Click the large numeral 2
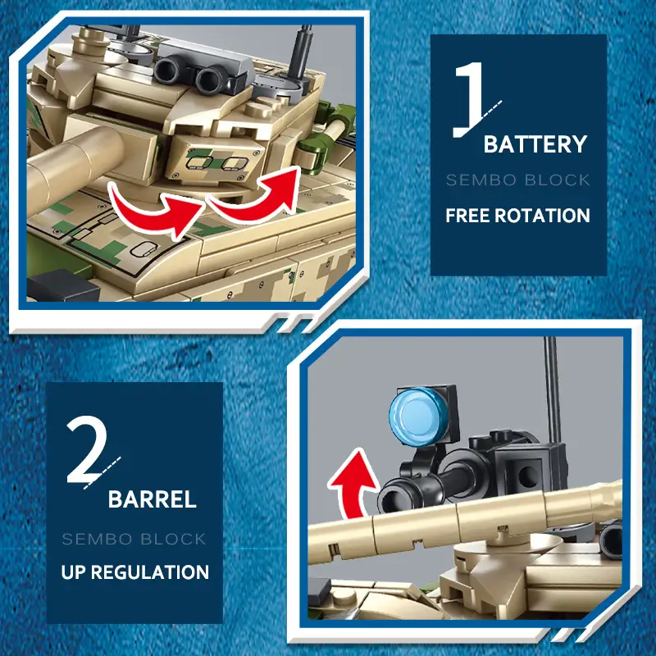87,449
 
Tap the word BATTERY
535,144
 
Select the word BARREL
153,499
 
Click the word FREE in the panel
467,216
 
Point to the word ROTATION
542,216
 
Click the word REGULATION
150,572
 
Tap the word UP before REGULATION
73,572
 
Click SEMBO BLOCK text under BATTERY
518,180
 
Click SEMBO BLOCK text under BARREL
134,539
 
